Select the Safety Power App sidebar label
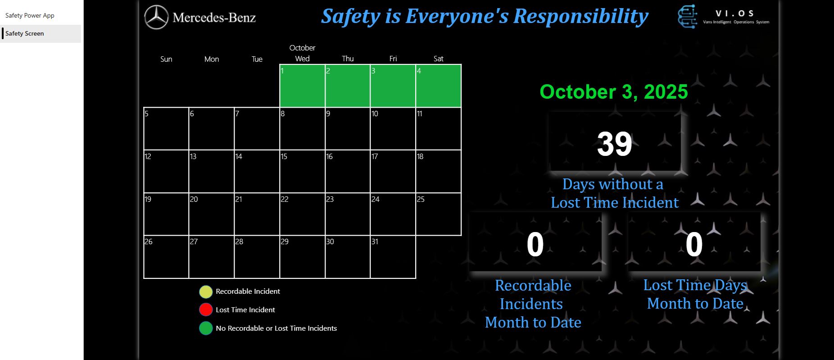30,15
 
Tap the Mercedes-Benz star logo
156,18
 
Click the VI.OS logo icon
688,17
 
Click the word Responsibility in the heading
581,17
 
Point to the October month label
302,48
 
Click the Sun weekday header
166,59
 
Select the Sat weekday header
438,59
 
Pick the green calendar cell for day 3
393,86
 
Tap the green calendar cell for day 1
302,86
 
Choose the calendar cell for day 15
302,171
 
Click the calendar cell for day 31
393,257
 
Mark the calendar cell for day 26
166,257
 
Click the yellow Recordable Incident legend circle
206,292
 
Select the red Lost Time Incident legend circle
206,310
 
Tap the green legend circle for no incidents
206,328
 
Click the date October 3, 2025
614,92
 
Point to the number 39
615,144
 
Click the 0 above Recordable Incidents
535,245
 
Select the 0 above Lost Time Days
694,245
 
